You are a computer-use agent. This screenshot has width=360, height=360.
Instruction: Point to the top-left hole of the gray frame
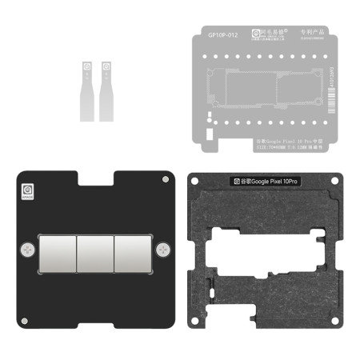coord(195,181)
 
